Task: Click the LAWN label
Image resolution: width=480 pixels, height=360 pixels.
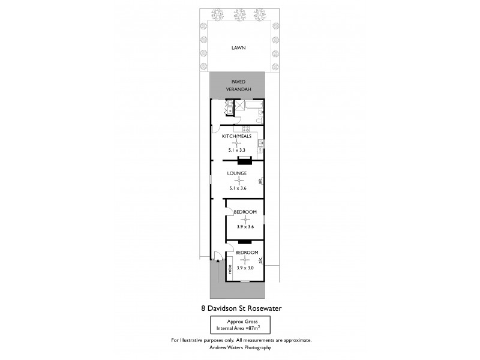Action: (241, 49)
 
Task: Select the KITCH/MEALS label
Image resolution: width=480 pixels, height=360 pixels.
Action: (236, 136)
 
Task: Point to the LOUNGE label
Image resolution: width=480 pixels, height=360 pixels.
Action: (237, 173)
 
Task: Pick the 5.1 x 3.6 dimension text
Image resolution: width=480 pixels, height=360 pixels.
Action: (238, 188)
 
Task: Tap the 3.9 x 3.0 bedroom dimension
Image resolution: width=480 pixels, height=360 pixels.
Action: (246, 268)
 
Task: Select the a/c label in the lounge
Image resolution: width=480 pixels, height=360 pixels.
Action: (260, 181)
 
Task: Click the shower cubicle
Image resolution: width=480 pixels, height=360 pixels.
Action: (239, 107)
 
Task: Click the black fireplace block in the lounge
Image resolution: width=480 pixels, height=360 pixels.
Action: (245, 160)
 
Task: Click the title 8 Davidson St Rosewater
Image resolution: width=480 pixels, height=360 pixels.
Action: (241, 308)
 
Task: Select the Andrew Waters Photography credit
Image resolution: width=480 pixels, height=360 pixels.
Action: (241, 347)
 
